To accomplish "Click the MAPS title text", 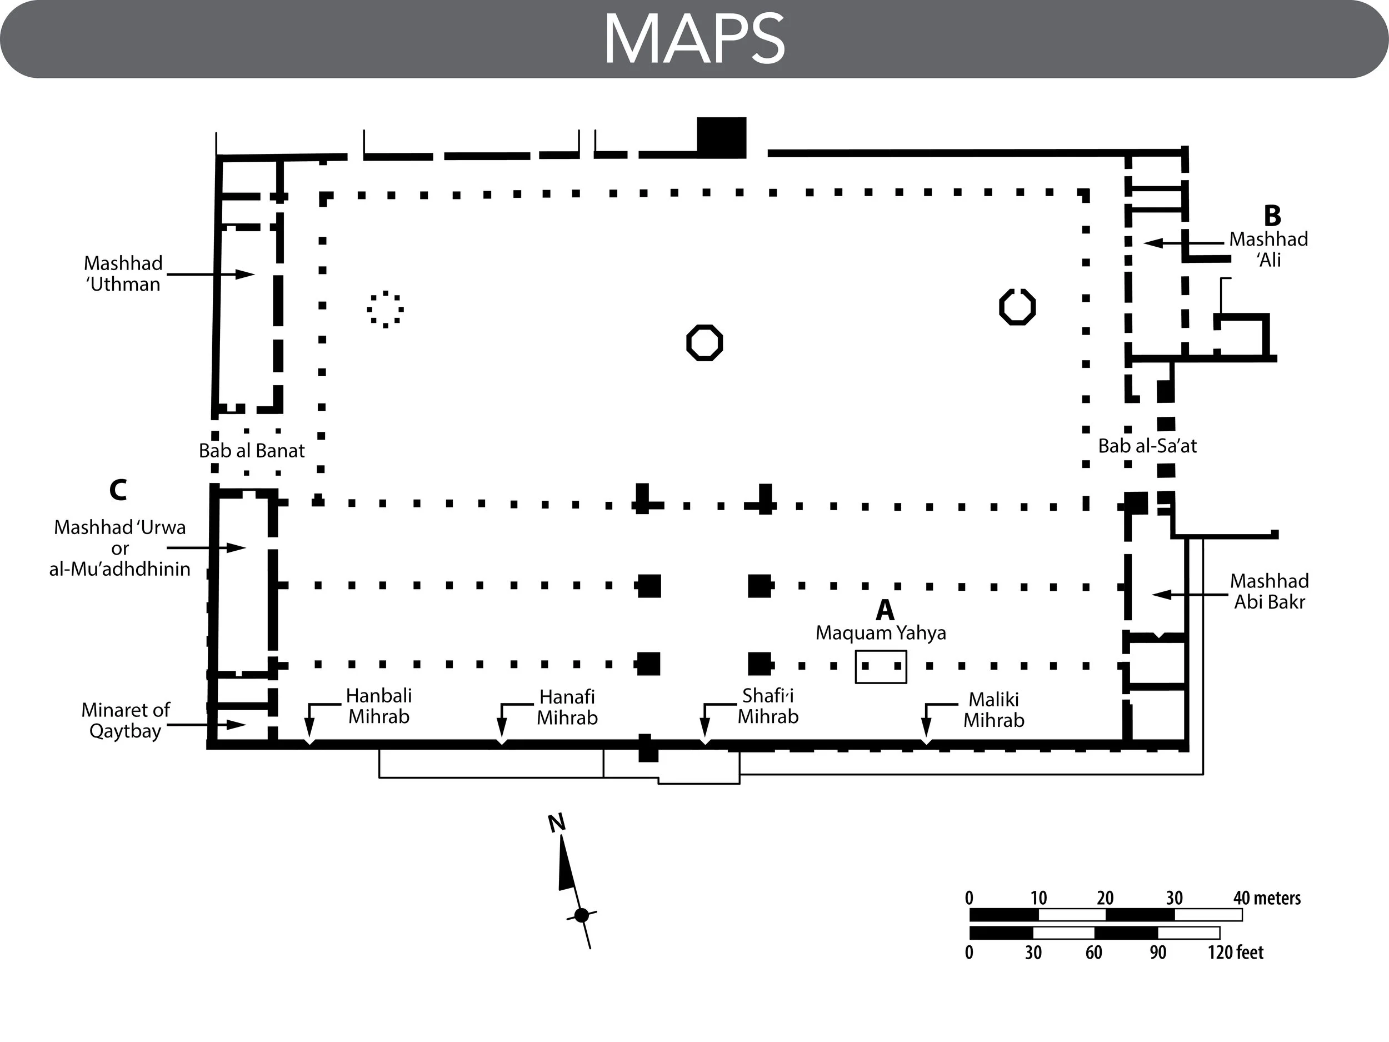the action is tap(694, 39).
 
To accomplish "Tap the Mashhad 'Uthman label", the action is tap(123, 274).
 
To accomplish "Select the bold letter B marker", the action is tap(1272, 216).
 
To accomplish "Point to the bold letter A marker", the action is tap(885, 610).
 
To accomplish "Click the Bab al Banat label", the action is tap(251, 450).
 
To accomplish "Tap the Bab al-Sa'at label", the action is tap(1147, 446).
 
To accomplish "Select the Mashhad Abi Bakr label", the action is tap(1269, 591).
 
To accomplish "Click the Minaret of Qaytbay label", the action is tap(126, 720).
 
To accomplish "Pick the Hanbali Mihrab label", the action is tap(379, 706).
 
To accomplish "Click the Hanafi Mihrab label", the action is tap(567, 707).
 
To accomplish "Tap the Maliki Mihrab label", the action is tap(994, 710).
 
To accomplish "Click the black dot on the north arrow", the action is tap(582, 915).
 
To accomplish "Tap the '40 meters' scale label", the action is tap(1267, 898).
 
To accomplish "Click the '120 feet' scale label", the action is tap(1235, 953).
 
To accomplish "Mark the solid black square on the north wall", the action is tap(722, 138).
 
